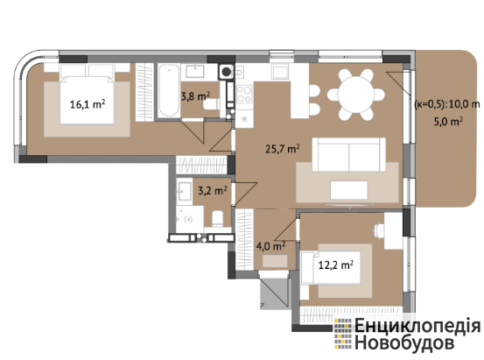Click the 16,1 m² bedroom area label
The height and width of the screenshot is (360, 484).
coord(88,104)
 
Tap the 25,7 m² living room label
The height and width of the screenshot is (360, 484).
coord(283,149)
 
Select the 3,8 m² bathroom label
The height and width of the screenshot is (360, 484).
coord(195,96)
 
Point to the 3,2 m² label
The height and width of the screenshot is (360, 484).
coord(213,190)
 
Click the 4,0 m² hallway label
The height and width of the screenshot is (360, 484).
coord(270,246)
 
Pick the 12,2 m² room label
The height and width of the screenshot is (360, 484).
coord(336,265)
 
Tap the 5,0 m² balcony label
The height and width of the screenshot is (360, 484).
coord(448,122)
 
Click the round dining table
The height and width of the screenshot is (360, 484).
coord(355,95)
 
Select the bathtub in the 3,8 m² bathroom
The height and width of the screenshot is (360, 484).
coord(169,90)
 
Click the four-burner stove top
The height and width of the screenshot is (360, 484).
coord(244,94)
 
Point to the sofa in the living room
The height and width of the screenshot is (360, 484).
coord(349,154)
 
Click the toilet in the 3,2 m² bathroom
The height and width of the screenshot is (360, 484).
coord(218,218)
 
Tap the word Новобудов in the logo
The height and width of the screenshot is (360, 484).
coord(404,342)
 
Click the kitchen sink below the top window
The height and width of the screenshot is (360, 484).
coord(281,73)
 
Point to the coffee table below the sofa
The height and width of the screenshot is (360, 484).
coord(349,190)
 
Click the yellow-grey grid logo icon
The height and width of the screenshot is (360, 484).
coord(343,335)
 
